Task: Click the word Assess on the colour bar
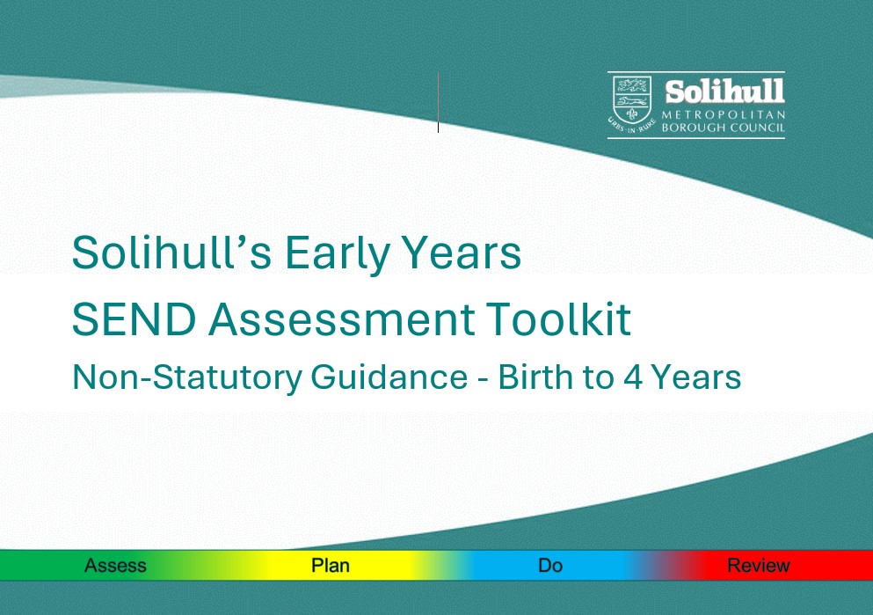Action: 115,566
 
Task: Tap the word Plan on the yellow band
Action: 331,566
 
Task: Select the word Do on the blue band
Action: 550,566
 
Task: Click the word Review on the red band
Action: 758,566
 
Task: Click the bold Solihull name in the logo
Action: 724,92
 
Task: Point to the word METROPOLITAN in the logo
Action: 724,115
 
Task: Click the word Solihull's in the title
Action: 171,253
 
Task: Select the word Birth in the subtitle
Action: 535,377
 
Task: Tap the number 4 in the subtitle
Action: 629,377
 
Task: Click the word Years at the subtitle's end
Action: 695,377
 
